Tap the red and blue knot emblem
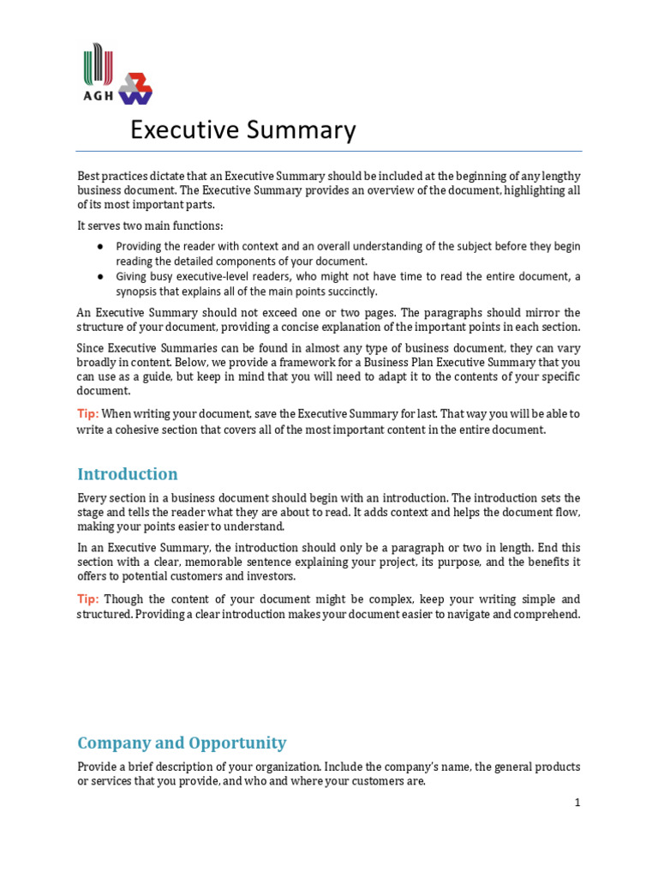tap(135, 87)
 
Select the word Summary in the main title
tap(308, 130)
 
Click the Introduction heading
tap(128, 474)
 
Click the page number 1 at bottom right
tap(577, 803)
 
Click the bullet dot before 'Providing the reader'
tap(100, 246)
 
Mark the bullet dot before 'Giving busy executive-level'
tap(100, 277)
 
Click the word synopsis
tap(139, 292)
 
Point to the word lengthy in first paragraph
tap(561, 176)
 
